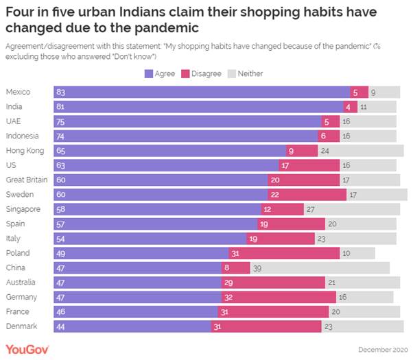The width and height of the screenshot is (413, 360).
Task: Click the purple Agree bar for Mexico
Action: coord(201,92)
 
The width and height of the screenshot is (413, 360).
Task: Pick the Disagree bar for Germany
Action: coord(279,297)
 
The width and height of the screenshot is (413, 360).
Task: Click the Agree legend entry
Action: coord(160,73)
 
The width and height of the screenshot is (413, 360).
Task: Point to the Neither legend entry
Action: coord(246,73)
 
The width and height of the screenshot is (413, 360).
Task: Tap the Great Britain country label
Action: coord(26,180)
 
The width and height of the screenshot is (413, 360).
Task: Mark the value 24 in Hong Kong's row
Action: coord(325,150)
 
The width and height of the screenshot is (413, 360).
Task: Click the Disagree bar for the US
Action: coord(309,165)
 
